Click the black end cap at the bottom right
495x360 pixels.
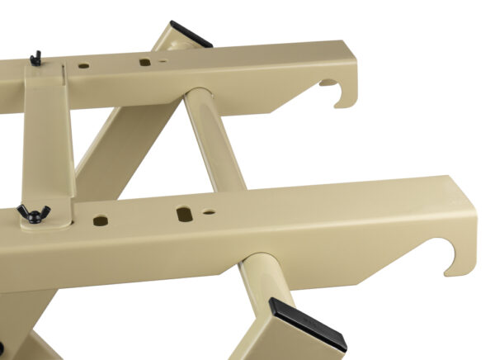307,323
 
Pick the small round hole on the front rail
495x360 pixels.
210,212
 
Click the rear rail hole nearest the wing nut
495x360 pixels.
83,64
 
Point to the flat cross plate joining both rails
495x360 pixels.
49,140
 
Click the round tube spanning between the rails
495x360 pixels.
206,140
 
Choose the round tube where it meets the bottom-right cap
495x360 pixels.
264,289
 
